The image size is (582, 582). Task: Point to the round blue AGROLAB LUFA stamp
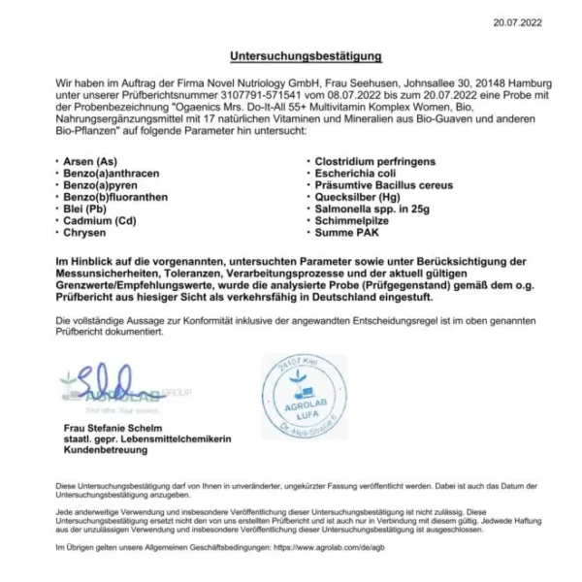[x=304, y=397]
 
